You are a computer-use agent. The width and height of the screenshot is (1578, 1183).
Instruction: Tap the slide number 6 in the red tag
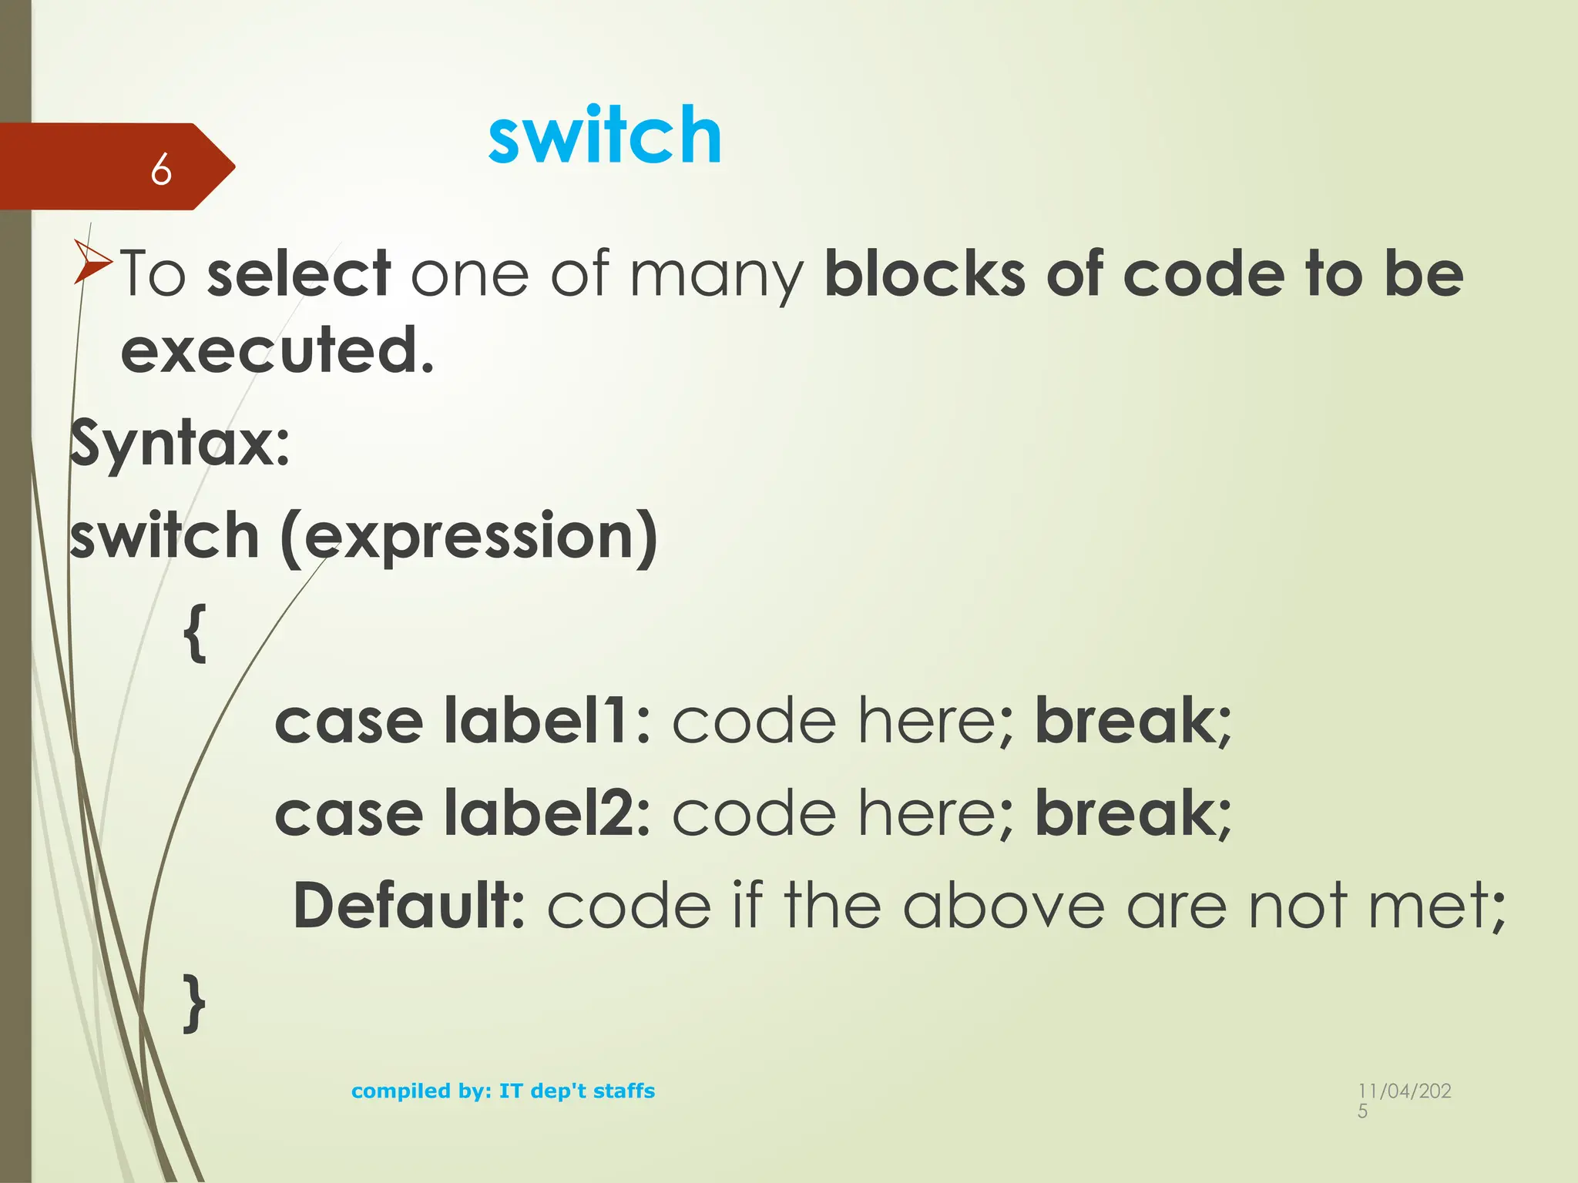click(160, 169)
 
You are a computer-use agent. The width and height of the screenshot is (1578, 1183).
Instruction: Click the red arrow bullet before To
click(92, 262)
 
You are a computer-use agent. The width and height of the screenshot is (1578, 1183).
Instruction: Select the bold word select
click(299, 274)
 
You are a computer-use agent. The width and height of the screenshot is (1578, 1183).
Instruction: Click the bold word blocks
click(925, 274)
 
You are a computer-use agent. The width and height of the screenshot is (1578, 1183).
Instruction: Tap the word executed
click(277, 351)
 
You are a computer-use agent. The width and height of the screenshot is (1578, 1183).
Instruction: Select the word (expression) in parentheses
click(468, 537)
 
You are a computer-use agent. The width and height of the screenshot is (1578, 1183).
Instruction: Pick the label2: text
click(547, 814)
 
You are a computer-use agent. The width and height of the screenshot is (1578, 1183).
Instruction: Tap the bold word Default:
click(409, 906)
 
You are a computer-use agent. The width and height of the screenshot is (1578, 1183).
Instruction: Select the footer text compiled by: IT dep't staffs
click(503, 1091)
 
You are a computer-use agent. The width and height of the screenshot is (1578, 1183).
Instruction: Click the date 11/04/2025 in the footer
click(1404, 1099)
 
